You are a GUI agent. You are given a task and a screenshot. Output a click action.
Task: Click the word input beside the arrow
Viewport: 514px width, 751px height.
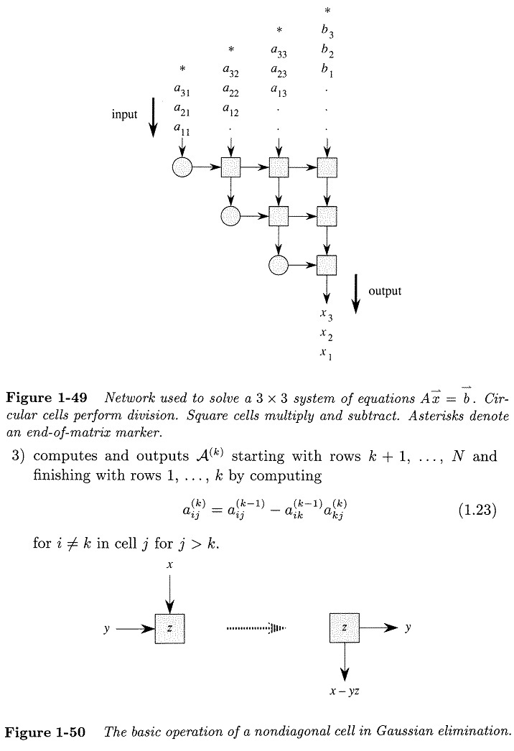tap(124, 114)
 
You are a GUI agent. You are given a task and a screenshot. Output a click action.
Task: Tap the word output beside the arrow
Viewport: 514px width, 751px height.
tap(385, 291)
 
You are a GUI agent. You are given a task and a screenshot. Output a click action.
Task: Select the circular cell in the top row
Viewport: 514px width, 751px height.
tap(182, 168)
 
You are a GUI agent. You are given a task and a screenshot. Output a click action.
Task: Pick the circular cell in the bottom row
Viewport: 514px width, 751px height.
tap(279, 266)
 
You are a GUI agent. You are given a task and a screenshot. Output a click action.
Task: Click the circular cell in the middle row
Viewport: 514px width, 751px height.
tap(230, 215)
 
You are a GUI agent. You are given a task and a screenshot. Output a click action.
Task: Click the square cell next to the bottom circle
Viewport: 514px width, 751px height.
tap(327, 266)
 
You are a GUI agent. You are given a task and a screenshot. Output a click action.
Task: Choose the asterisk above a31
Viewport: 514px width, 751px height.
tap(182, 69)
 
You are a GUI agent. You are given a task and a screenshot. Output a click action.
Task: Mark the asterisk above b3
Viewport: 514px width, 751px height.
tap(327, 11)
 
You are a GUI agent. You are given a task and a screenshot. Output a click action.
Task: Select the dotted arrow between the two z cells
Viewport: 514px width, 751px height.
tap(256, 628)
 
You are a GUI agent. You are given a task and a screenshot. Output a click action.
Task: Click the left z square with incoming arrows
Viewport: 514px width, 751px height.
tap(170, 628)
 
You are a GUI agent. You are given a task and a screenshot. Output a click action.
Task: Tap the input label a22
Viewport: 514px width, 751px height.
tap(230, 90)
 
